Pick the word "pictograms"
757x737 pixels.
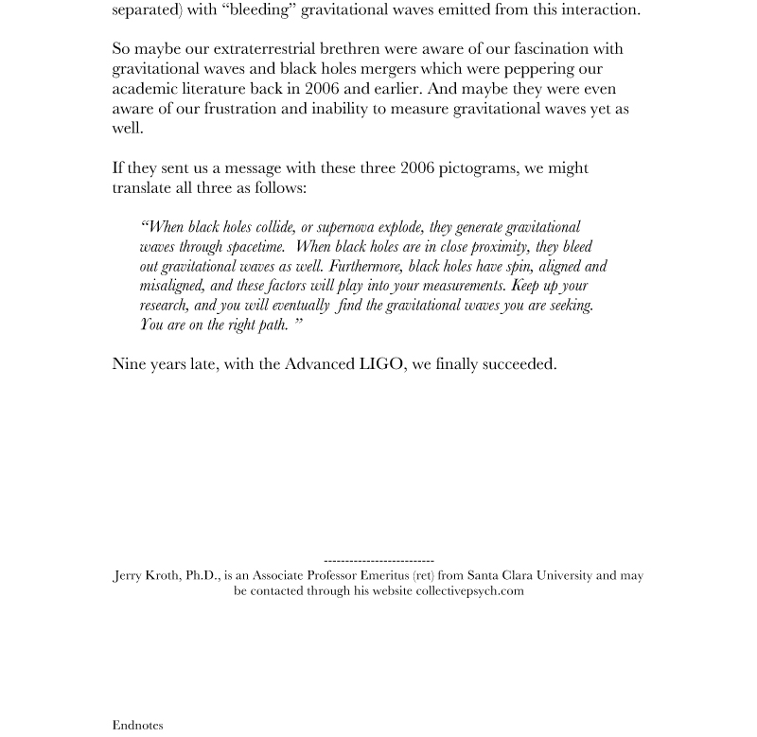(x=478, y=167)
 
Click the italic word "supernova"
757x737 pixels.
(x=345, y=227)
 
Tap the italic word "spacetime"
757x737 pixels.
(x=255, y=247)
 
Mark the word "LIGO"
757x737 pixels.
(x=381, y=363)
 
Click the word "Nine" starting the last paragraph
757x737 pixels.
(x=129, y=363)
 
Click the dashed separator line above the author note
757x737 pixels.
(x=378, y=561)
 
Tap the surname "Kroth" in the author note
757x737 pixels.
(x=163, y=575)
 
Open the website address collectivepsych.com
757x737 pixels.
(x=469, y=590)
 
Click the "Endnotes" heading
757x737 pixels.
(x=137, y=725)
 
